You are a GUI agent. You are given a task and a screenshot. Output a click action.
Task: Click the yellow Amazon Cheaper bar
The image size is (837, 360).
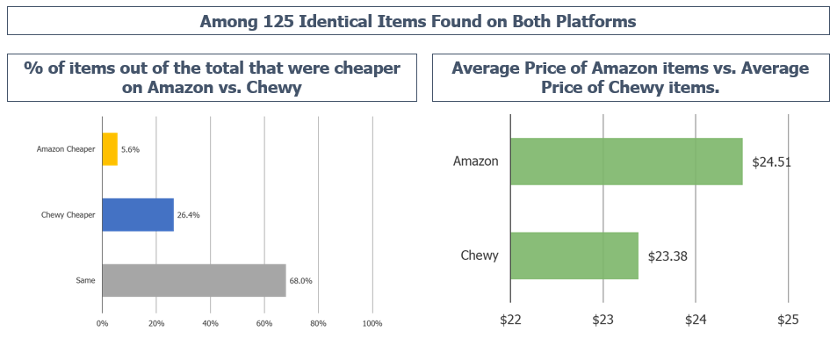(110, 149)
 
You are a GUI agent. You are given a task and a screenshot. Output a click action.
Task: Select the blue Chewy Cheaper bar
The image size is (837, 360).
(138, 214)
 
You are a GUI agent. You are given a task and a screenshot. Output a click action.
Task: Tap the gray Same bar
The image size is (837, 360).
(194, 280)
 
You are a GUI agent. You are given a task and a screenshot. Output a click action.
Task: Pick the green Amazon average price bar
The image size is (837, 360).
(626, 162)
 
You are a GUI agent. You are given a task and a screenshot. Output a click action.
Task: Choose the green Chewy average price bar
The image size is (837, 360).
(574, 256)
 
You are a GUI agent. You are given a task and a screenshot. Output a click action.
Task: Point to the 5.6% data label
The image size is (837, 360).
(130, 149)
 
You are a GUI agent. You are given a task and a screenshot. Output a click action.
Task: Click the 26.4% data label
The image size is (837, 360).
(188, 214)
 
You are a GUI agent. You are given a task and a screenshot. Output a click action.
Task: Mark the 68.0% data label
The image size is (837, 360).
(300, 281)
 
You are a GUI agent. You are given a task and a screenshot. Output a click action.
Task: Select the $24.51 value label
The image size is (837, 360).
(772, 162)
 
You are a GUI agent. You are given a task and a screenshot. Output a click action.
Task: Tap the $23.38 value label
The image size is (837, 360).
(667, 256)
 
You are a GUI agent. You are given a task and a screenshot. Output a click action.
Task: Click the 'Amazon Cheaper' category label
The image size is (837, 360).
(66, 149)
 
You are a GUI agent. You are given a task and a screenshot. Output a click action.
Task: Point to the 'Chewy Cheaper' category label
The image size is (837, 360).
(68, 214)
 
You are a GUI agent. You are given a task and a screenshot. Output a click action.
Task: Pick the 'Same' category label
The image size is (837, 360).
(86, 281)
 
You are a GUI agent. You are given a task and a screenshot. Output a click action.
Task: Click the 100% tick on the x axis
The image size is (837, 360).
(372, 324)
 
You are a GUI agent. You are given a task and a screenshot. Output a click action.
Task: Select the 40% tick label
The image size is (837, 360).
(210, 324)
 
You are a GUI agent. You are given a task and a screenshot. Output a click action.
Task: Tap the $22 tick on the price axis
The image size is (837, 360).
(510, 320)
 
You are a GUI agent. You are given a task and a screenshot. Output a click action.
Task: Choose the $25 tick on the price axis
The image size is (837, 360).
(788, 320)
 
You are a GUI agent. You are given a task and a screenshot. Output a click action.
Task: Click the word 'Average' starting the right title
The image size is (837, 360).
(486, 68)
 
